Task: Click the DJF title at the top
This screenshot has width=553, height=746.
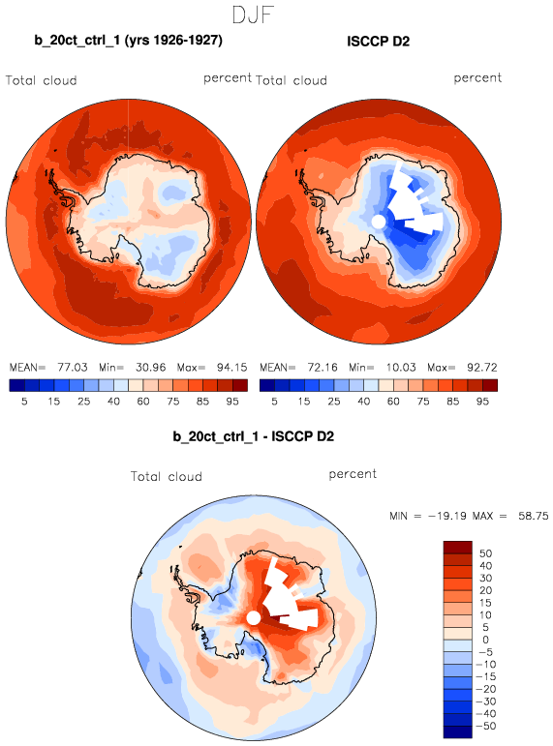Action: point(253,15)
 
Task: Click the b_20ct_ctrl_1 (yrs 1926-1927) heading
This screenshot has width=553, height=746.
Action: point(128,41)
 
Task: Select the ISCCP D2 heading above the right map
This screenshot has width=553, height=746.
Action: point(379,42)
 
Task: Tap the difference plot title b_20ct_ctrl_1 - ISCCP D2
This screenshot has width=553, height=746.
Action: point(254,436)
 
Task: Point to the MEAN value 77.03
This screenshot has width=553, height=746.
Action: point(73,368)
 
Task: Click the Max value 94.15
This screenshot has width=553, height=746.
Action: point(232,368)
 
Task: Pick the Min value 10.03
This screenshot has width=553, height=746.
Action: point(401,368)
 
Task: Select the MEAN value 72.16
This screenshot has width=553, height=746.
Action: point(323,368)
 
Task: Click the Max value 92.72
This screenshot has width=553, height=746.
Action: point(482,368)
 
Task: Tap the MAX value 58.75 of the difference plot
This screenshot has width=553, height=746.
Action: point(534,516)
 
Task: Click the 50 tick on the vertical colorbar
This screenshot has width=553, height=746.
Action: point(485,553)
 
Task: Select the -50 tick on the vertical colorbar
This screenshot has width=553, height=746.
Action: point(485,726)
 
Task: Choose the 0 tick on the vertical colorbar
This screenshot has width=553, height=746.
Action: point(485,640)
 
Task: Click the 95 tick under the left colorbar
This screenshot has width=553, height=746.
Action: point(232,402)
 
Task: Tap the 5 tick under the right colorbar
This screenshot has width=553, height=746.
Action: point(274,402)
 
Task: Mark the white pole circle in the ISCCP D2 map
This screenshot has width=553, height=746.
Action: point(378,222)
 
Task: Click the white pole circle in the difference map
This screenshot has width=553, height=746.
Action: point(254,618)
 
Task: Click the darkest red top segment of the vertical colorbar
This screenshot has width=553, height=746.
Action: point(458,547)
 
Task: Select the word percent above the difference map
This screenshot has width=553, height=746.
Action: point(353,474)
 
